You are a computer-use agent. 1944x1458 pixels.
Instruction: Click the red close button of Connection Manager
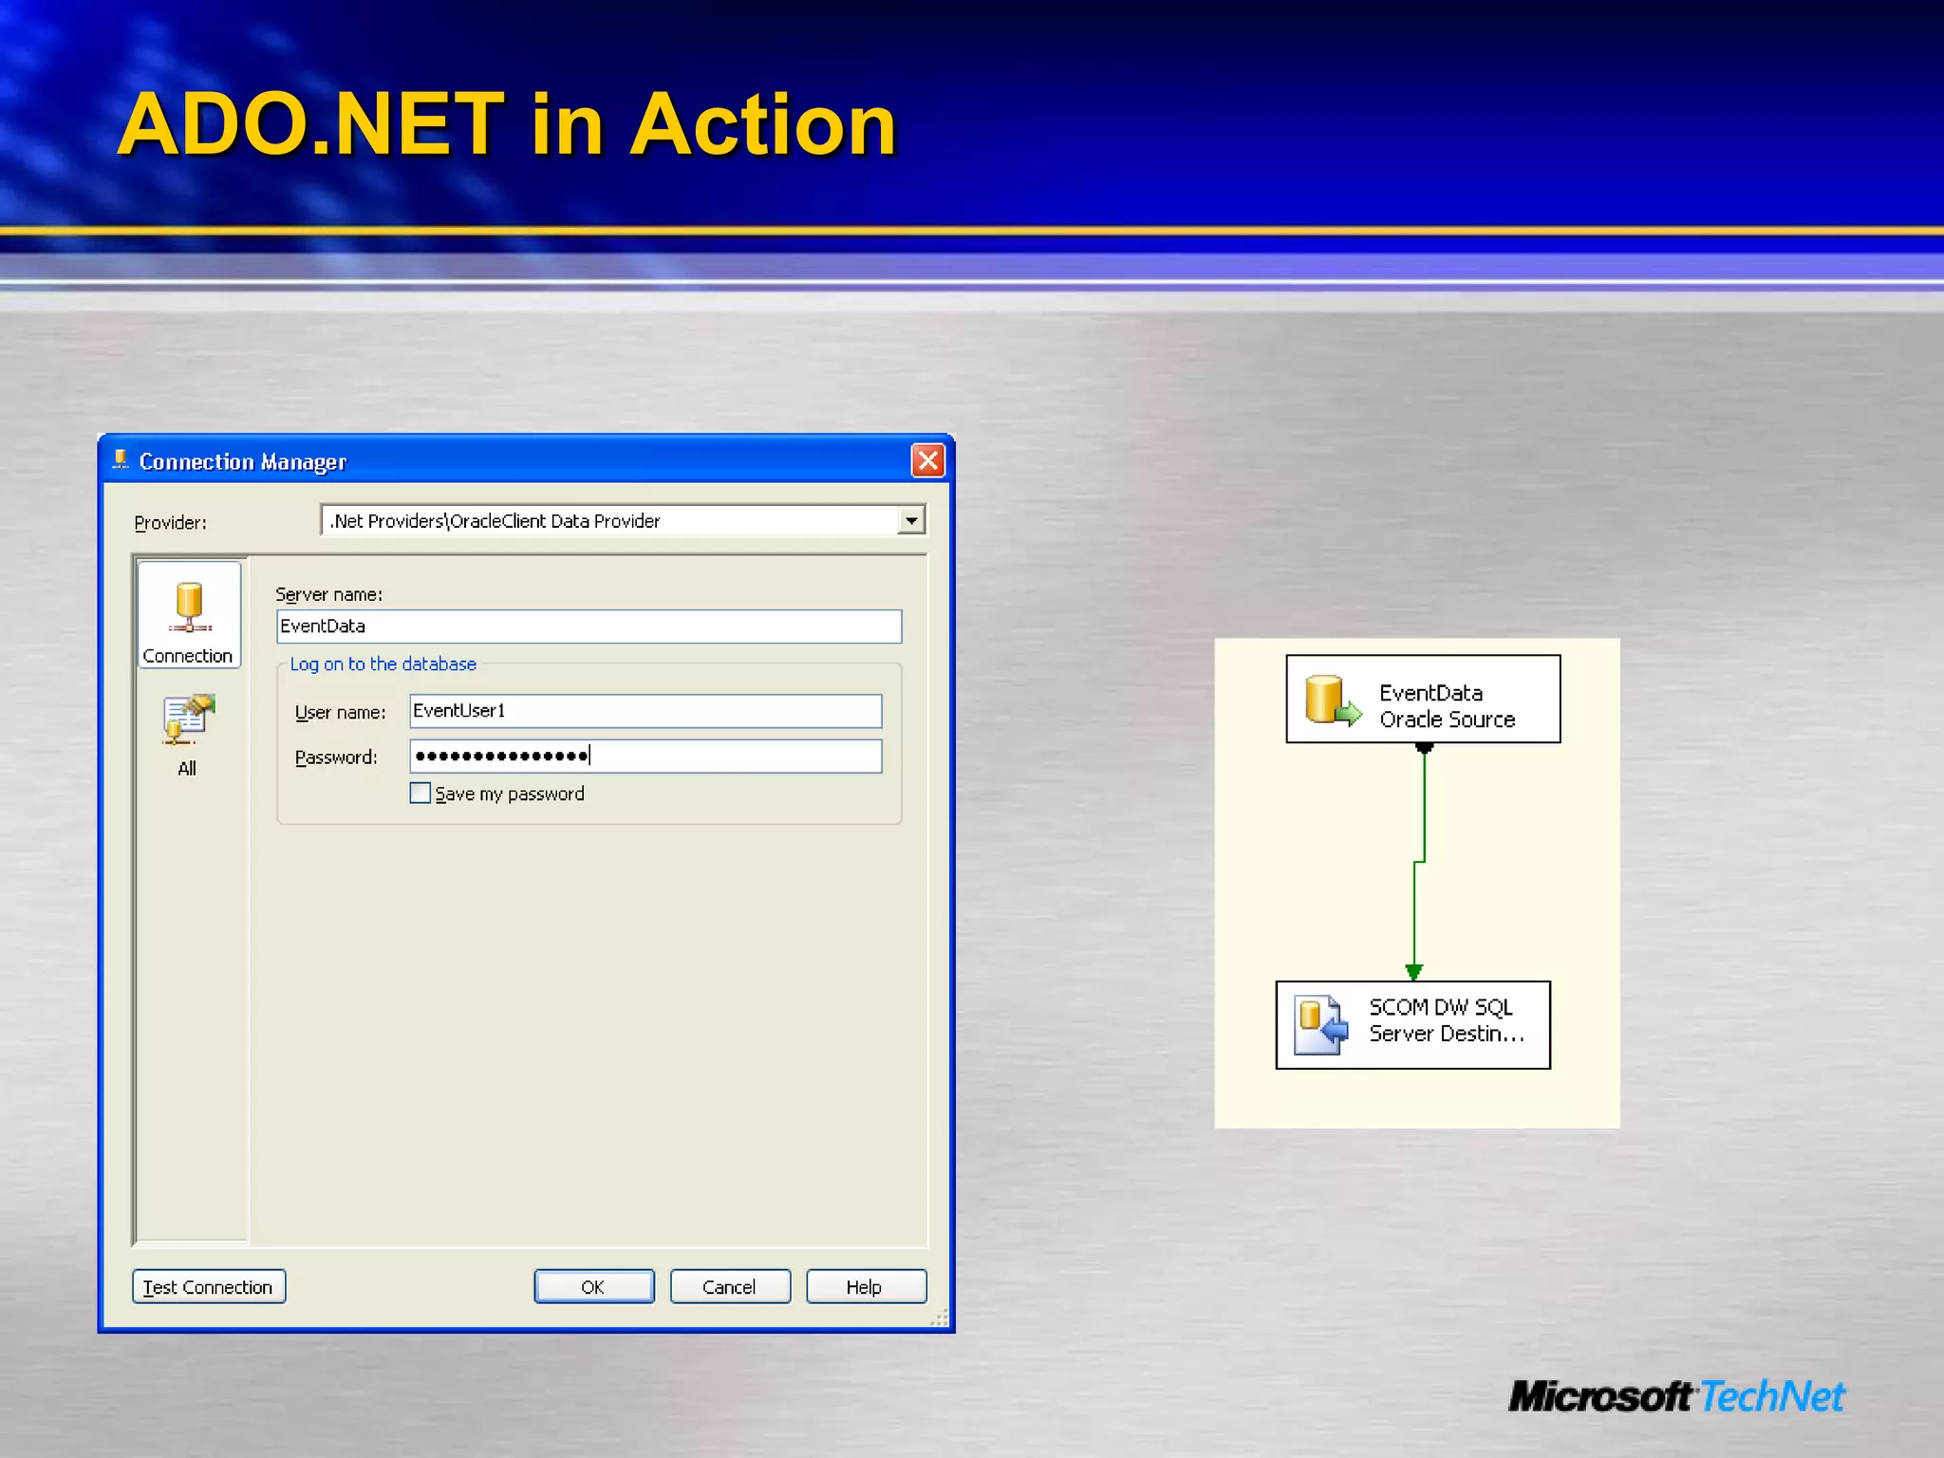click(x=927, y=461)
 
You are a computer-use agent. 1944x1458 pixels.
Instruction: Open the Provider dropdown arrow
click(x=911, y=520)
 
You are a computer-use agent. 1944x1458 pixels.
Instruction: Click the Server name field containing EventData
click(x=589, y=626)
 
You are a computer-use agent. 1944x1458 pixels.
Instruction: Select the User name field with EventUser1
click(x=645, y=711)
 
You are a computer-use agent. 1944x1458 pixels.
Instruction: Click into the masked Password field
click(x=645, y=757)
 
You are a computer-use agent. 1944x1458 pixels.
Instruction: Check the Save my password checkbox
click(x=421, y=793)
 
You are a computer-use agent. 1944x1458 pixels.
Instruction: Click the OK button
click(x=593, y=1286)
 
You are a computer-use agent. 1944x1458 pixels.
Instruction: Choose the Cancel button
click(x=729, y=1286)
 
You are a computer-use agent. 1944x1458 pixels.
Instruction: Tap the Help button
click(x=865, y=1286)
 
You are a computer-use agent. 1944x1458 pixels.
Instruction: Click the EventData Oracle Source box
click(x=1422, y=700)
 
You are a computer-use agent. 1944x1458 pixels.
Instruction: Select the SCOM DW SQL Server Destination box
click(x=1412, y=1025)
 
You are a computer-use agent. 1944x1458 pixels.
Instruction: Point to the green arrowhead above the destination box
click(x=1413, y=971)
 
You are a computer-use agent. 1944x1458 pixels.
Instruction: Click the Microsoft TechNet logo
click(x=1676, y=1396)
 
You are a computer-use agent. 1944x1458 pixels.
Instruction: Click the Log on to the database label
click(x=383, y=664)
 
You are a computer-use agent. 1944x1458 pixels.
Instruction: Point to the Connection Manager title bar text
click(x=242, y=462)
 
